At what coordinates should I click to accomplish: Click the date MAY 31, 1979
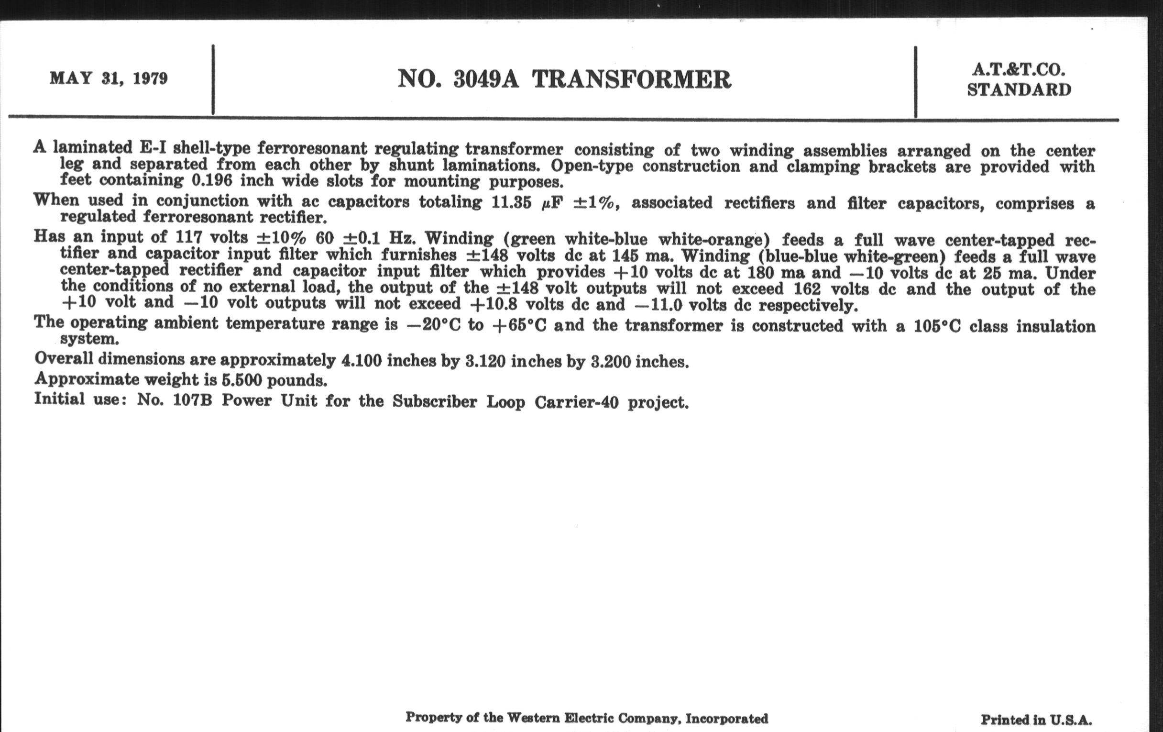pos(109,78)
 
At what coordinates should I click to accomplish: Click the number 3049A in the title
pos(486,79)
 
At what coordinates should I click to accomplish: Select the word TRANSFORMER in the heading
pos(632,80)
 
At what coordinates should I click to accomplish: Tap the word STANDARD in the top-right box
pos(1019,90)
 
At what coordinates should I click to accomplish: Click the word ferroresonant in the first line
pos(312,148)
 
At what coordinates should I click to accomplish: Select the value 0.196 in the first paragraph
pos(212,180)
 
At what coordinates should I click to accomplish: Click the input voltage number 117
pos(187,237)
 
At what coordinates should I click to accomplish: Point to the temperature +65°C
pos(519,325)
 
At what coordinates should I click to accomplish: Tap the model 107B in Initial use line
pos(192,400)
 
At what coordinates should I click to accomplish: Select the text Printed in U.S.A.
pos(1036,720)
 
